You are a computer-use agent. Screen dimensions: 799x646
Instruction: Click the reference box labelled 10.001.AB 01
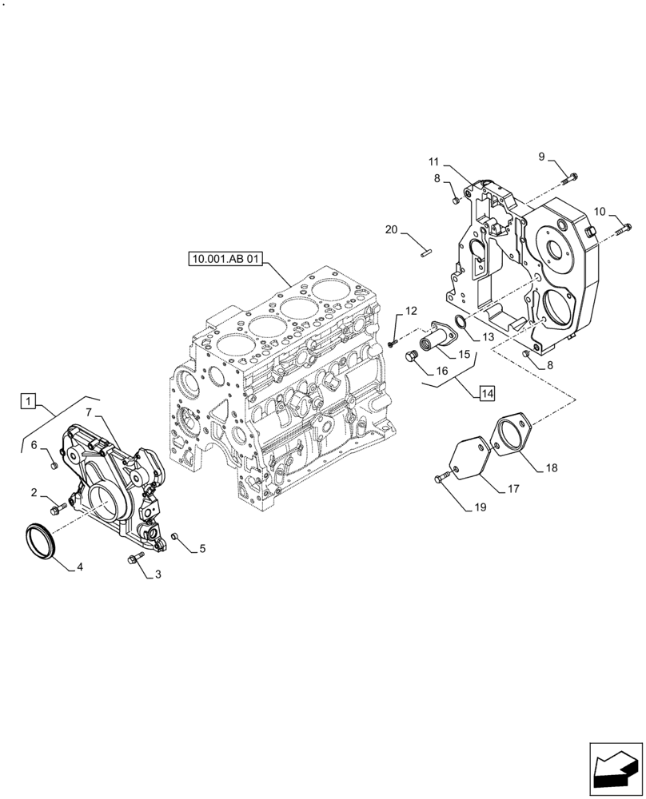pyautogui.click(x=227, y=258)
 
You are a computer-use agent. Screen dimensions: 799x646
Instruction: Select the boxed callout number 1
pyautogui.click(x=28, y=401)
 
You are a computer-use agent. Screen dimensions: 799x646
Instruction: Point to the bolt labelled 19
pyautogui.click(x=441, y=479)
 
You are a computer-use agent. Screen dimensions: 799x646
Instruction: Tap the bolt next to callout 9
pyautogui.click(x=571, y=178)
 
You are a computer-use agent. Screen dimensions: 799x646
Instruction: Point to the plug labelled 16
pyautogui.click(x=413, y=356)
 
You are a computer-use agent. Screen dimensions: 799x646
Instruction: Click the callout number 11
pyautogui.click(x=433, y=162)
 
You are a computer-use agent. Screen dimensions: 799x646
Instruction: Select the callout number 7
pyautogui.click(x=90, y=411)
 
